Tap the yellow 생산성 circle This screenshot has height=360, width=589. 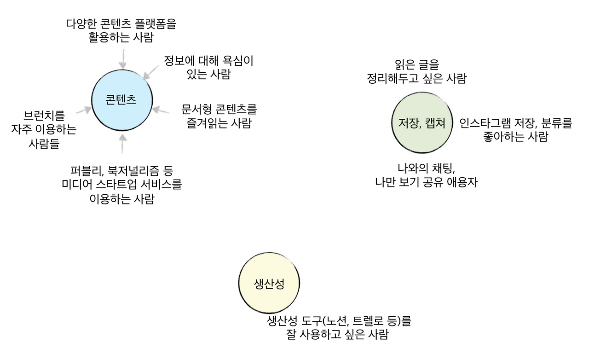(269, 283)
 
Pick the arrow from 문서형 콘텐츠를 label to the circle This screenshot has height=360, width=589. (161, 110)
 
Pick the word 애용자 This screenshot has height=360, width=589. (463, 182)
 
